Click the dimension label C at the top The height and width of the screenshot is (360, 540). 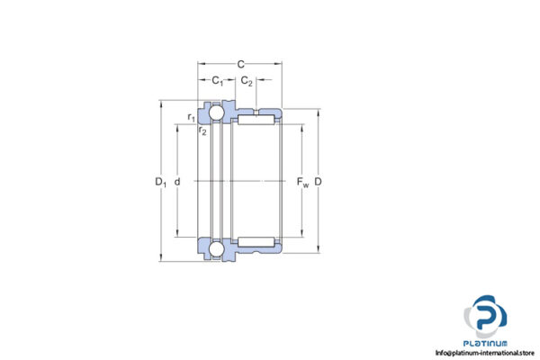(240, 65)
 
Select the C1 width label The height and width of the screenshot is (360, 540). (217, 81)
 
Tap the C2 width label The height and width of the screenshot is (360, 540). (247, 81)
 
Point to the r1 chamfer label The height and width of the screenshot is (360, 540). (191, 117)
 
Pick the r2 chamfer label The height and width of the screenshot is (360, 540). (202, 131)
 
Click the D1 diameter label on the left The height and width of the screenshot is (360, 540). (161, 183)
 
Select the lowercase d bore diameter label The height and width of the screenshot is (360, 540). (177, 183)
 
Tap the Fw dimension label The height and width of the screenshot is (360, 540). (302, 184)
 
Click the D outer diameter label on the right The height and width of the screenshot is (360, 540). (319, 183)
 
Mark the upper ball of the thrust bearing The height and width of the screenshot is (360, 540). (217, 113)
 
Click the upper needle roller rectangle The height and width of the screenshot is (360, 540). (257, 118)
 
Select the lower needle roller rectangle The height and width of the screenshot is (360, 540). (257, 240)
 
